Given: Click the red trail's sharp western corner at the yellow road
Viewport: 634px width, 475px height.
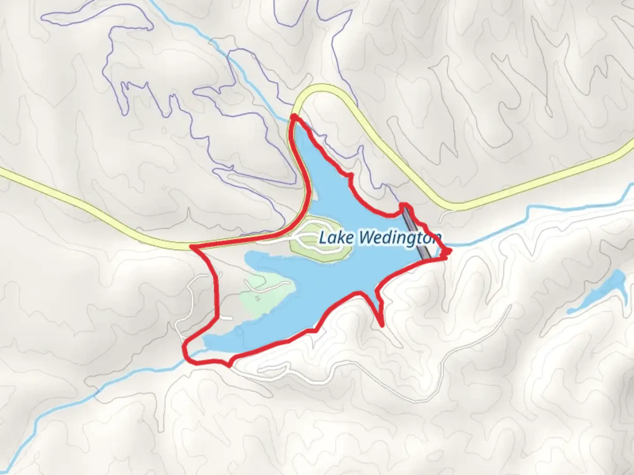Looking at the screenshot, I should click(191, 247).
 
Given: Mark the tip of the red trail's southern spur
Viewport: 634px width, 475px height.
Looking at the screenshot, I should click(382, 325).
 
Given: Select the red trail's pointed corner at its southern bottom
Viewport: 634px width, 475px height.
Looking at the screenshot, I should click(229, 365).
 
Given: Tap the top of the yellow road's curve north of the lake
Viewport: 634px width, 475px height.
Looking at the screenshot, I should click(324, 87).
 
